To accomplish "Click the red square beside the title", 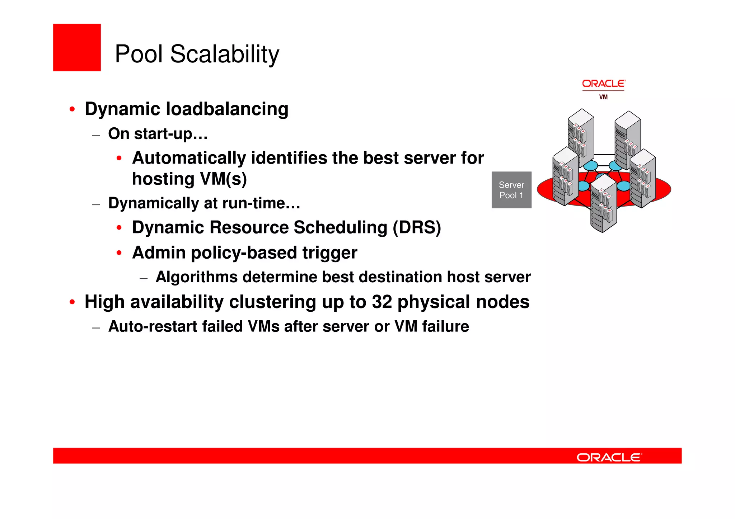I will pyautogui.click(x=77, y=47).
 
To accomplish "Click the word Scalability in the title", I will pyautogui.click(x=225, y=55).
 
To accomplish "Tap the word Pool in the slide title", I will pyautogui.click(x=139, y=55).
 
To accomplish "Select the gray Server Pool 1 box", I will pyautogui.click(x=511, y=190).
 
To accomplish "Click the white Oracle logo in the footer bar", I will pyautogui.click(x=609, y=457).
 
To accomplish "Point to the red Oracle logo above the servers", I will pyautogui.click(x=603, y=84).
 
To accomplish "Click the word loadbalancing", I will pyautogui.click(x=227, y=109).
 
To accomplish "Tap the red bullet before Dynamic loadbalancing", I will pyautogui.click(x=72, y=109).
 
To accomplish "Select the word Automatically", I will pyautogui.click(x=189, y=158).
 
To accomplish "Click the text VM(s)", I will pyautogui.click(x=223, y=179).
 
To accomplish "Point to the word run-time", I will pyautogui.click(x=261, y=203).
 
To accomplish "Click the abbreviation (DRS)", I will pyautogui.click(x=417, y=228).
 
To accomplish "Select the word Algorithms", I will pyautogui.click(x=197, y=277).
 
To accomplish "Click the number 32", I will pyautogui.click(x=382, y=302).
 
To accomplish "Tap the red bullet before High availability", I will pyautogui.click(x=72, y=302).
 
